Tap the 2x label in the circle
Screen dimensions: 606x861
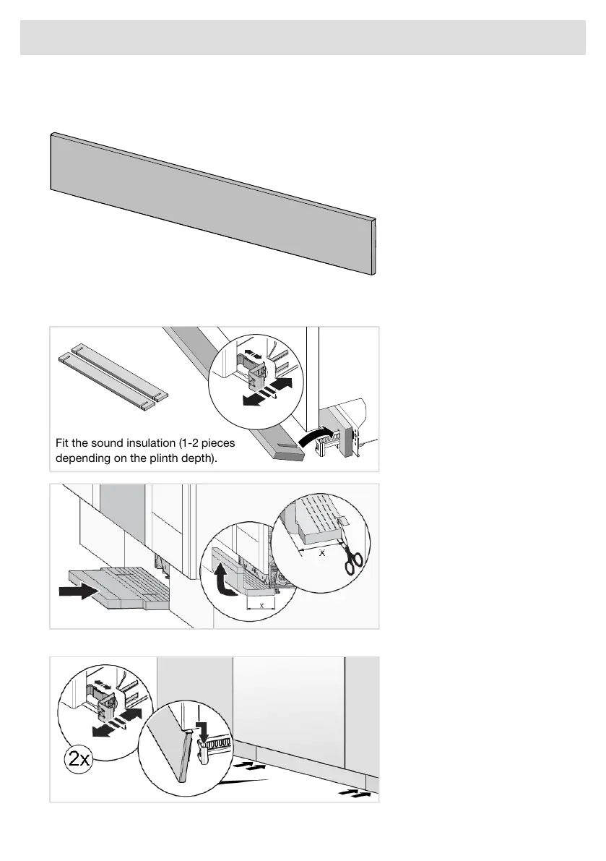coord(79,759)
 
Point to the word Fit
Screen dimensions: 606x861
coord(62,443)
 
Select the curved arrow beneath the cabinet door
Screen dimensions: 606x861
coord(316,436)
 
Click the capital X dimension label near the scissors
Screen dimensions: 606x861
coord(322,553)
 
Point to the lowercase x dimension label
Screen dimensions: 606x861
coord(261,605)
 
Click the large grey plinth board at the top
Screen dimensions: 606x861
coord(213,204)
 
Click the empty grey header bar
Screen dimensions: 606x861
coord(303,38)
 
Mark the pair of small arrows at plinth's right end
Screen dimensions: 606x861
coord(352,792)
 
